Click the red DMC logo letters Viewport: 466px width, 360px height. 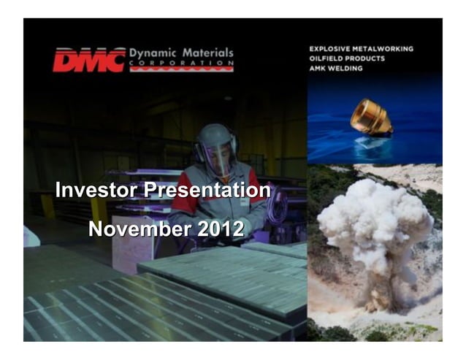(x=88, y=60)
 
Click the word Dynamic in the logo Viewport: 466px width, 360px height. (x=151, y=53)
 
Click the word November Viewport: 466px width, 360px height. (x=138, y=229)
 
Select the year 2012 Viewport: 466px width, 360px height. (x=220, y=229)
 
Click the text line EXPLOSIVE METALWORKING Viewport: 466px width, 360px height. (x=362, y=49)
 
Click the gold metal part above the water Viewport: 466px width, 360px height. (x=371, y=117)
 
